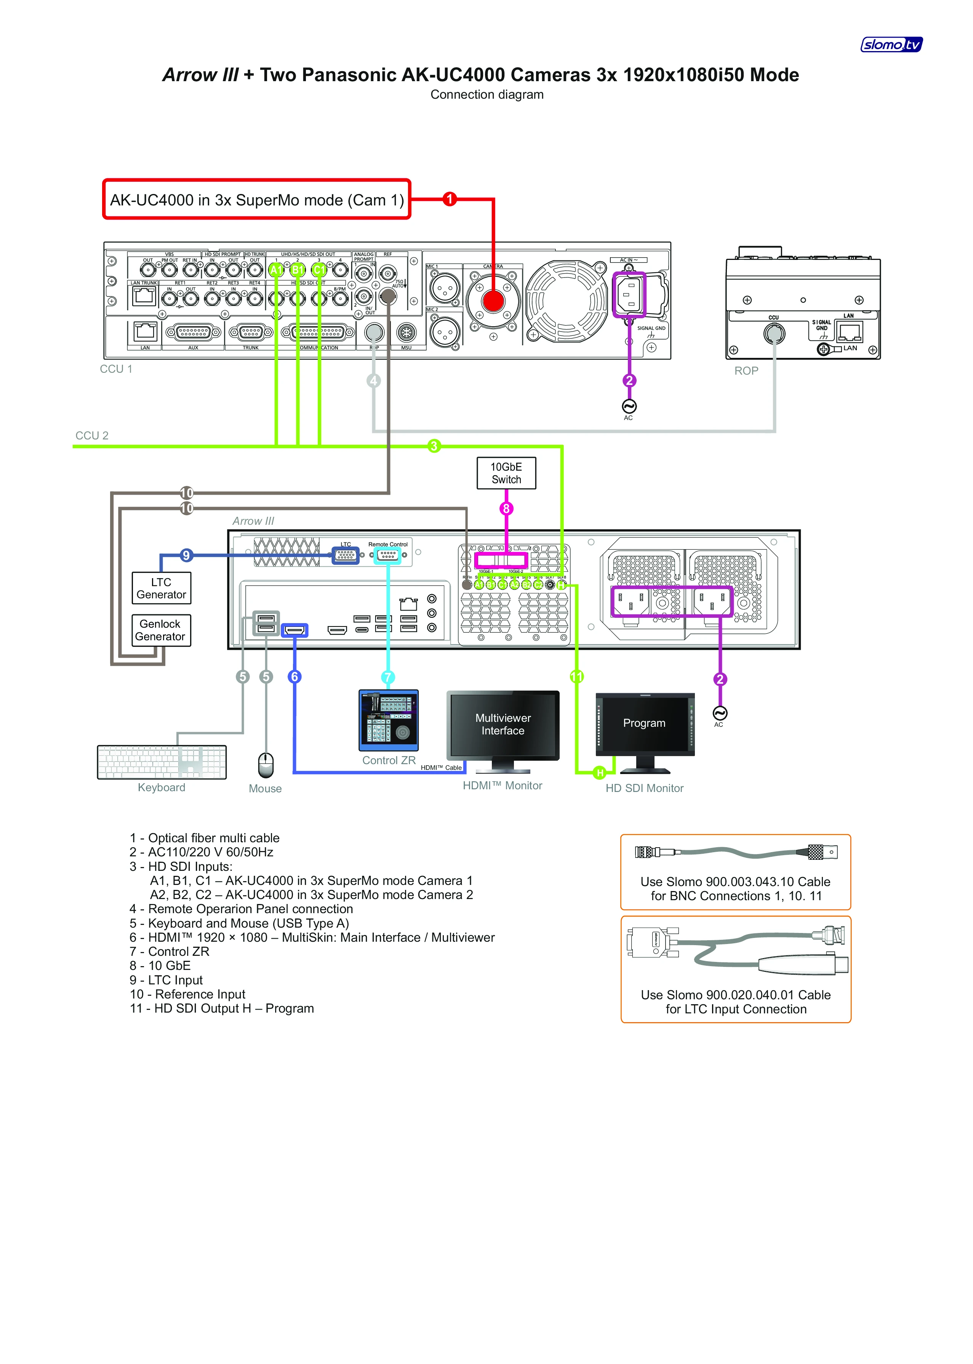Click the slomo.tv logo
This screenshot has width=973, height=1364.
(891, 44)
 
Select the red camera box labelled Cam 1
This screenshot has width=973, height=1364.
(256, 200)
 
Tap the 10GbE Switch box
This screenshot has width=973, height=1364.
(506, 473)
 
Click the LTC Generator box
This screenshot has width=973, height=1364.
(161, 588)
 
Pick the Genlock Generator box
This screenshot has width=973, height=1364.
(160, 630)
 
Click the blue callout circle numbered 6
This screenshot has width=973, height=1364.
(294, 676)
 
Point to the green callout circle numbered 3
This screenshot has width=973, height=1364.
(434, 446)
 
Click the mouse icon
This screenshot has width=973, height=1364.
(266, 765)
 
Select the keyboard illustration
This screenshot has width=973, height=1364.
(162, 762)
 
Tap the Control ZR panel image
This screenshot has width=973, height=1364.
(388, 720)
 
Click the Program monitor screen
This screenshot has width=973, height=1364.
(645, 723)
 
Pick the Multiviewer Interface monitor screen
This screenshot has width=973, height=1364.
(503, 724)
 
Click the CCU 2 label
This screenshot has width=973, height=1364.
(92, 436)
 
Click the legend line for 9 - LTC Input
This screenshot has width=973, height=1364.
(166, 980)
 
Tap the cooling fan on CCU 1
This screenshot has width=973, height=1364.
(566, 300)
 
